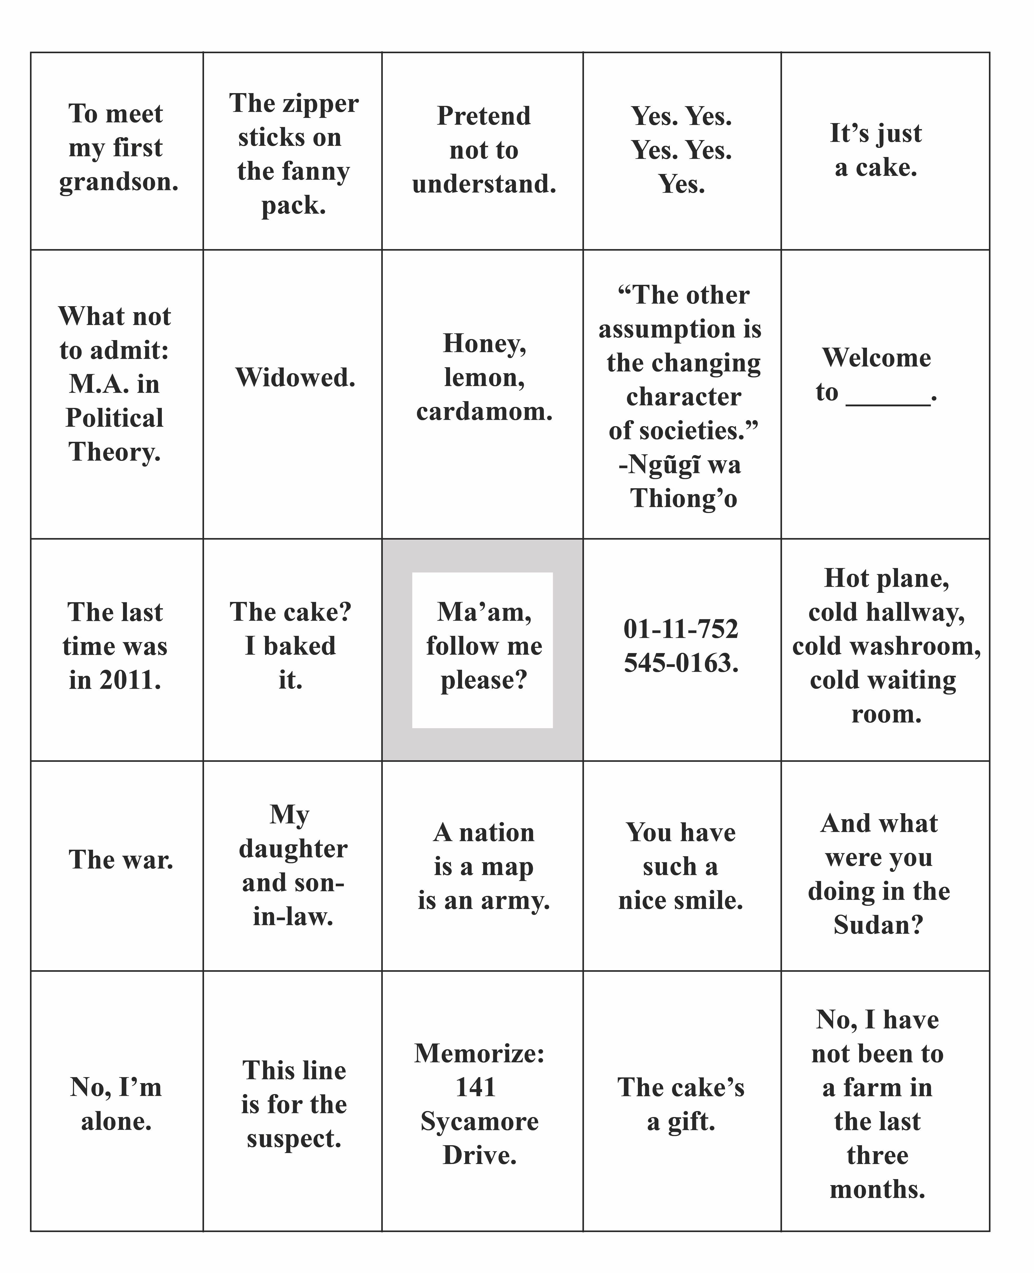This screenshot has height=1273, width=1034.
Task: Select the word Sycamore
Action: pyautogui.click(x=479, y=1122)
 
